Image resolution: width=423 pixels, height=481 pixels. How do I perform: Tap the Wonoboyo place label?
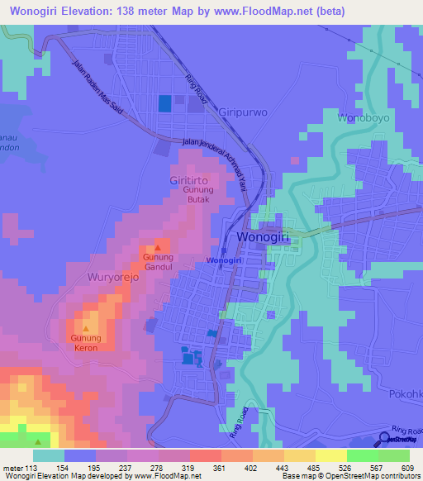point(360,118)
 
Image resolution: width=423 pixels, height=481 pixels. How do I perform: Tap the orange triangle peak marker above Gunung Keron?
point(85,328)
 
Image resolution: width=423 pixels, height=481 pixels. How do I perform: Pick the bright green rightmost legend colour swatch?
point(395,455)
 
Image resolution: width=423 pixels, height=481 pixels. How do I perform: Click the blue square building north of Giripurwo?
point(165,103)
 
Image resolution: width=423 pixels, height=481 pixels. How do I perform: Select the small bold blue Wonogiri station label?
point(223,261)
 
